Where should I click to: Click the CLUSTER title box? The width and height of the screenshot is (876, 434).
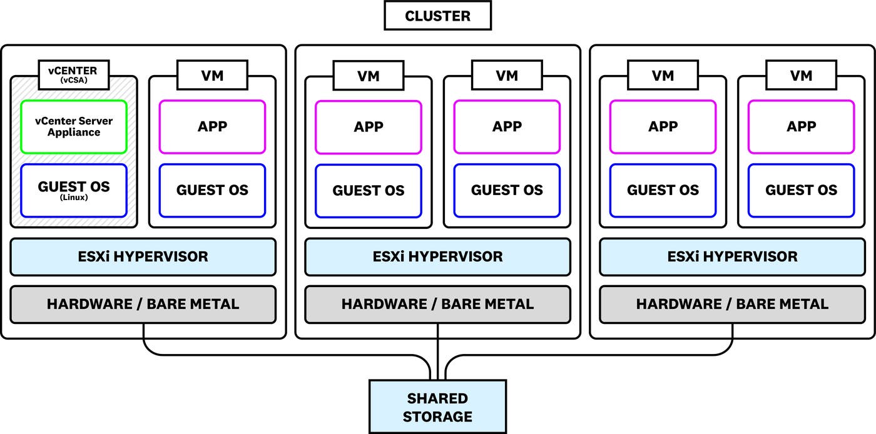pyautogui.click(x=437, y=16)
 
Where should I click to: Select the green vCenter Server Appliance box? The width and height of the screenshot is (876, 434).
pyautogui.click(x=74, y=127)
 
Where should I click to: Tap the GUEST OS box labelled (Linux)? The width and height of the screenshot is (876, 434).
pyautogui.click(x=74, y=190)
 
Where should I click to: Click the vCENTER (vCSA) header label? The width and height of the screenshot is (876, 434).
pyautogui.click(x=74, y=75)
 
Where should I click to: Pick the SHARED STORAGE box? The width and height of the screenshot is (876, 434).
pyautogui.click(x=437, y=406)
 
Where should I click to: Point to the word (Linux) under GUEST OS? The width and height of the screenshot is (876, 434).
pyautogui.click(x=74, y=198)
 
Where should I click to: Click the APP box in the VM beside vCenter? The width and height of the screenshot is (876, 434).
pyautogui.click(x=212, y=127)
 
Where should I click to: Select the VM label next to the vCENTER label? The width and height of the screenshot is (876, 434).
pyautogui.click(x=212, y=76)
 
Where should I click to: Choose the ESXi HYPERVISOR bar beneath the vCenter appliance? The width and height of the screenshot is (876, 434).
pyautogui.click(x=143, y=256)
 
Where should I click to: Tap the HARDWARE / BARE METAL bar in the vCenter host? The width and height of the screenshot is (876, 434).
pyautogui.click(x=143, y=305)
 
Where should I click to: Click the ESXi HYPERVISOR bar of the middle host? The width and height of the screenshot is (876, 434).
pyautogui.click(x=437, y=256)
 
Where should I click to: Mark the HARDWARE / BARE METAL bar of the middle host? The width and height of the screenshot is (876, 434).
pyautogui.click(x=437, y=305)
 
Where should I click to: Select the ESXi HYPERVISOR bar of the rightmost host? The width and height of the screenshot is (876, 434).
pyautogui.click(x=732, y=256)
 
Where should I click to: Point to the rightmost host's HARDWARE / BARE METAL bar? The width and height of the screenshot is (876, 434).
pyautogui.click(x=732, y=305)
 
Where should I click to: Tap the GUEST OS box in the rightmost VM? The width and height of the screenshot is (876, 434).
pyautogui.click(x=801, y=191)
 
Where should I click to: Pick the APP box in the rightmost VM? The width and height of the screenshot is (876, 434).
pyautogui.click(x=801, y=127)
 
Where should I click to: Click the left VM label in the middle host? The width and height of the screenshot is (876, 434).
pyautogui.click(x=369, y=76)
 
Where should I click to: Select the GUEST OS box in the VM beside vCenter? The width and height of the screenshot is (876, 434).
pyautogui.click(x=212, y=191)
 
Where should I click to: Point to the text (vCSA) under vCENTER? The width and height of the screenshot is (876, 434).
pyautogui.click(x=74, y=81)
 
